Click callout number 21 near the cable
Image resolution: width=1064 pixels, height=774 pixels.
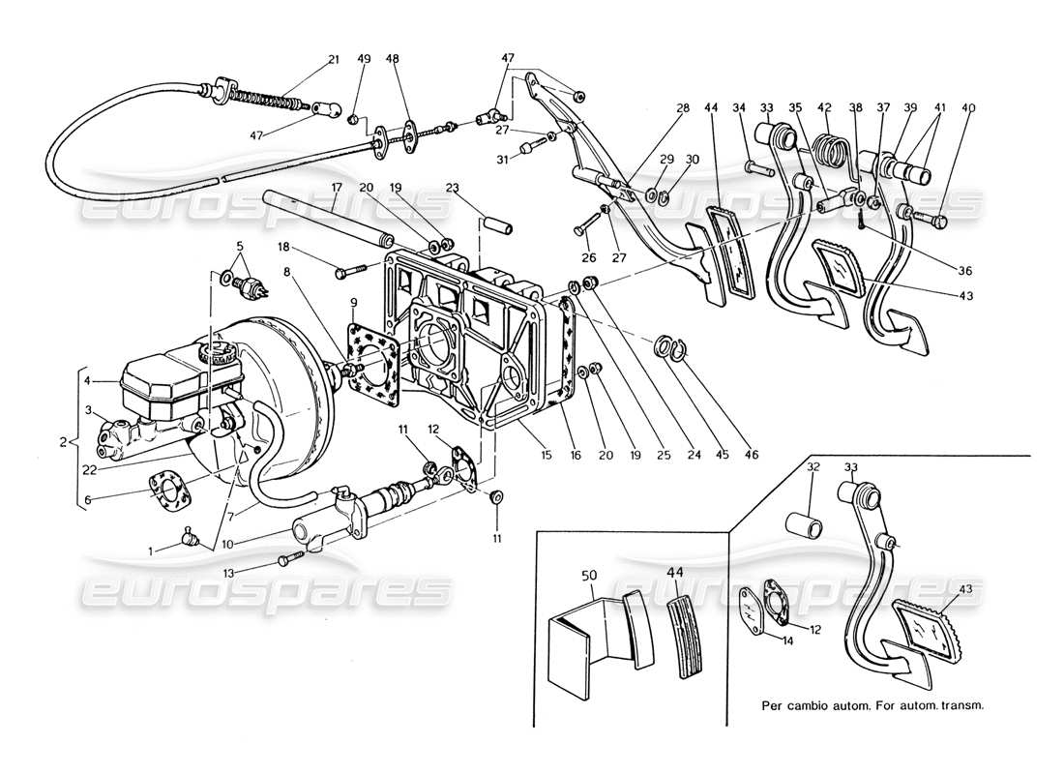pos(334,59)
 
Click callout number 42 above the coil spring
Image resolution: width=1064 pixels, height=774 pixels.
pos(824,107)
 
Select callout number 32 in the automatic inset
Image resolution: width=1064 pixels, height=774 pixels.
pos(813,467)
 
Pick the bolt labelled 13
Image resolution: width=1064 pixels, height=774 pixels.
pos(288,559)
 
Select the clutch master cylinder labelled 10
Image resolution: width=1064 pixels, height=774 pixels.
pos(334,518)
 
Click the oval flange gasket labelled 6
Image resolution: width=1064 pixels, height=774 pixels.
pos(166,489)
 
